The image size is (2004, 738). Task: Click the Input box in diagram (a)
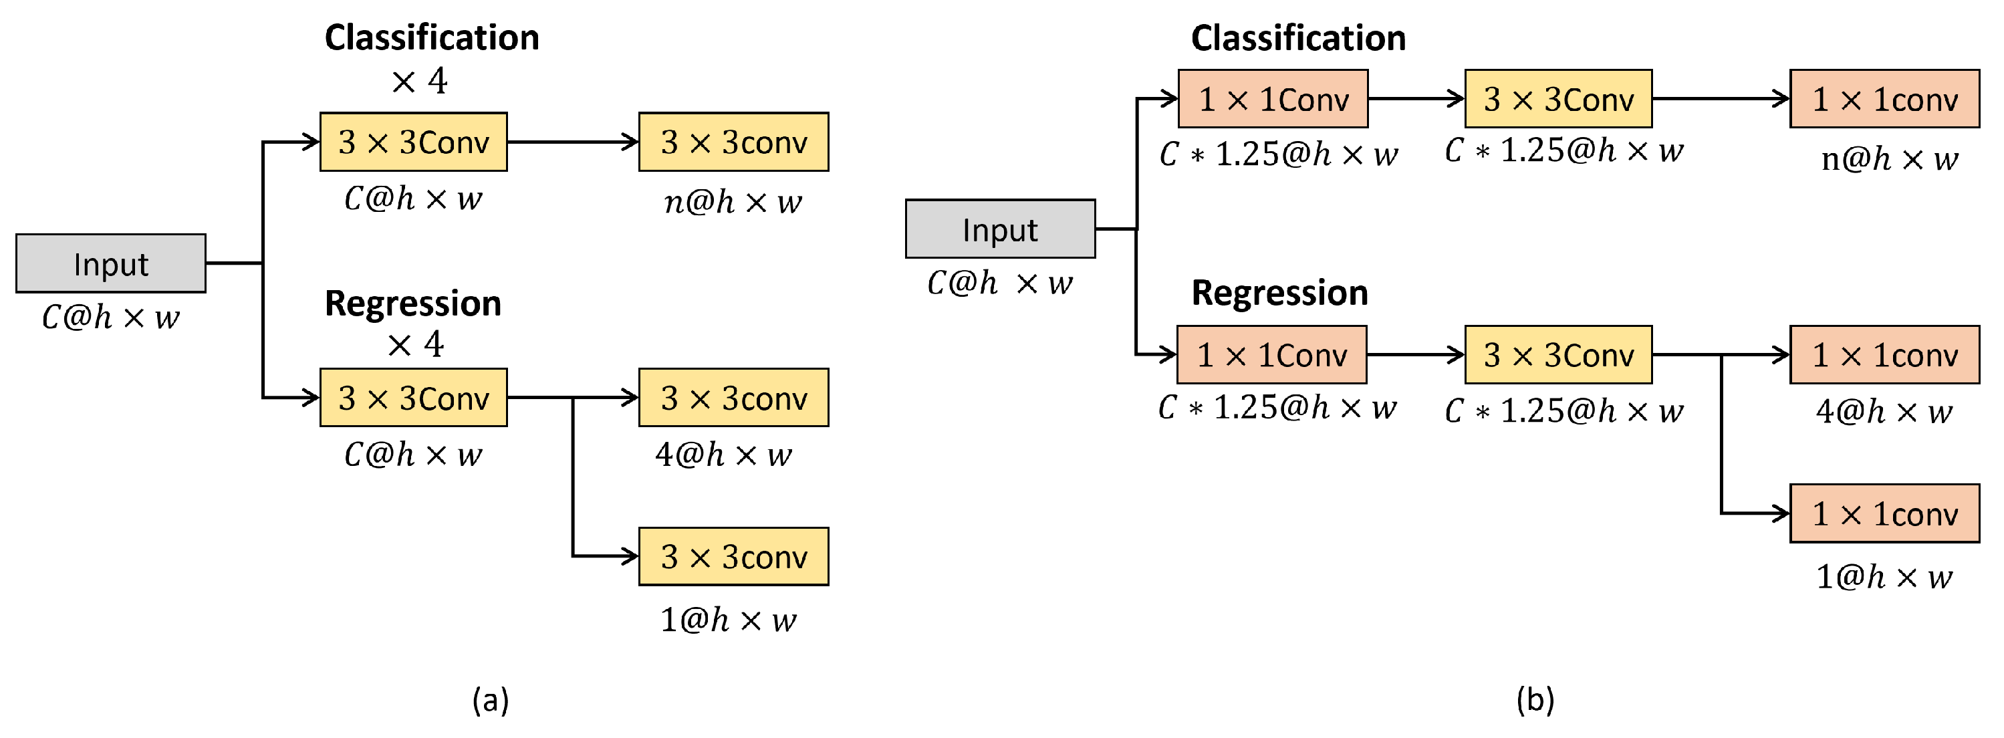pyautogui.click(x=110, y=263)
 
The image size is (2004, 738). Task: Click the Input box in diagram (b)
pyautogui.click(x=1000, y=229)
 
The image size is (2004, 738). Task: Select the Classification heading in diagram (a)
pyautogui.click(x=432, y=37)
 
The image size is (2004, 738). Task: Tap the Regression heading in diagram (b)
pyautogui.click(x=1279, y=293)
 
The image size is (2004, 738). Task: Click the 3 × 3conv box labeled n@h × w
pyautogui.click(x=733, y=142)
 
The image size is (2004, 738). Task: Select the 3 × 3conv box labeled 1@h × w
pyautogui.click(x=733, y=557)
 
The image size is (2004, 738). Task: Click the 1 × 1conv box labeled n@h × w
pyautogui.click(x=1884, y=99)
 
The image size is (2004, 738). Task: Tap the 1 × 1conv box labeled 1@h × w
pyautogui.click(x=1884, y=513)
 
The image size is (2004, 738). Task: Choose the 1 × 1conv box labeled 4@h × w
pyautogui.click(x=1884, y=354)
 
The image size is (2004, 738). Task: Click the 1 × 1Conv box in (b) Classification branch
pyautogui.click(x=1273, y=99)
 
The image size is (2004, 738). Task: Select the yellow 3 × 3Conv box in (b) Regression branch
pyautogui.click(x=1557, y=354)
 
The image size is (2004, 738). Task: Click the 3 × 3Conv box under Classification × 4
pyautogui.click(x=413, y=142)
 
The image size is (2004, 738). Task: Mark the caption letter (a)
pyautogui.click(x=490, y=700)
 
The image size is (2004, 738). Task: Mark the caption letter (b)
pyautogui.click(x=1535, y=700)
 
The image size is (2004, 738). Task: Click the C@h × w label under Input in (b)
pyautogui.click(x=1000, y=283)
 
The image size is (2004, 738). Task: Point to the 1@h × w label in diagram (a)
pyautogui.click(x=728, y=620)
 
